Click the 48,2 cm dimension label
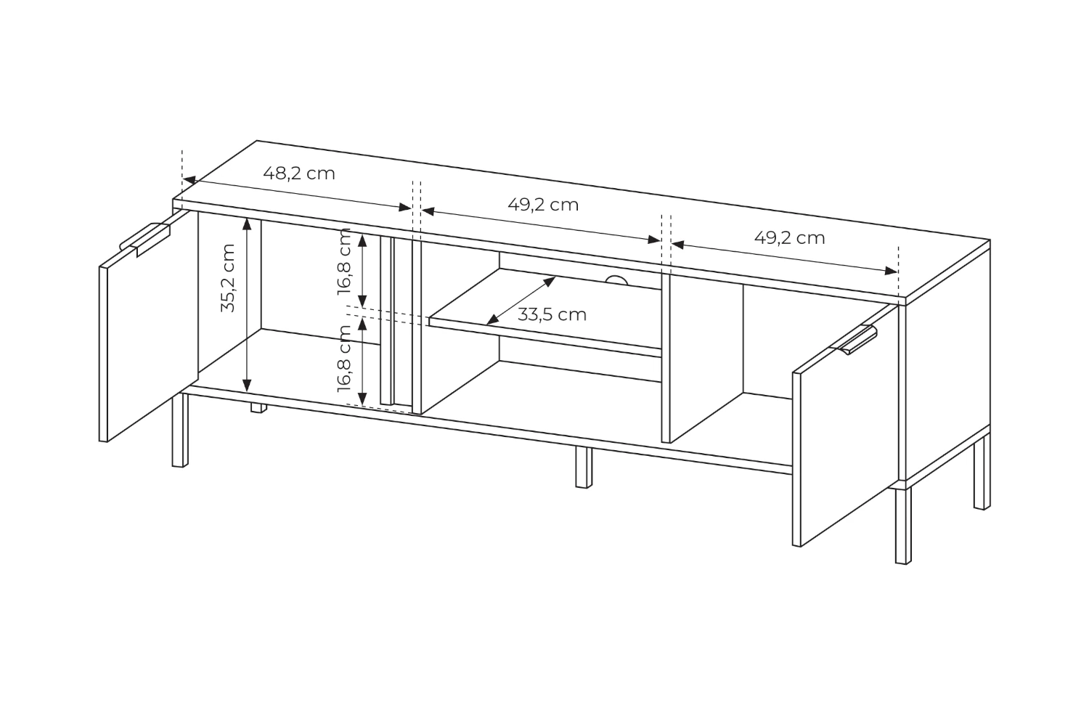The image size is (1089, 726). click(299, 174)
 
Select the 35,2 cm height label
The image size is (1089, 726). click(228, 277)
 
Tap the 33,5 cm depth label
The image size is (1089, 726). click(552, 314)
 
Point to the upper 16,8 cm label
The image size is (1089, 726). click(343, 261)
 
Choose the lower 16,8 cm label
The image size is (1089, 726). click(343, 359)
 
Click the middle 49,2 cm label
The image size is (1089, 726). click(543, 205)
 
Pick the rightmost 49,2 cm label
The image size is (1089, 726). click(790, 238)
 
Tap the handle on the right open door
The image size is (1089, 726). click(853, 338)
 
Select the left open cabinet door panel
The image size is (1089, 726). click(149, 326)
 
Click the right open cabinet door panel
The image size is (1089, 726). click(846, 425)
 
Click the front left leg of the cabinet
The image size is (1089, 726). click(180, 430)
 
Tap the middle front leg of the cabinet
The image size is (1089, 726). click(584, 467)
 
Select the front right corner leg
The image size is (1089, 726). click(903, 525)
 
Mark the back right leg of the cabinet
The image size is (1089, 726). click(982, 472)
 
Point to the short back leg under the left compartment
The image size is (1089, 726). click(258, 407)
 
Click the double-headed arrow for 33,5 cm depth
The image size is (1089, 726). click(521, 300)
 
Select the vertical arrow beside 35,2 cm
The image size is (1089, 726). click(247, 305)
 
